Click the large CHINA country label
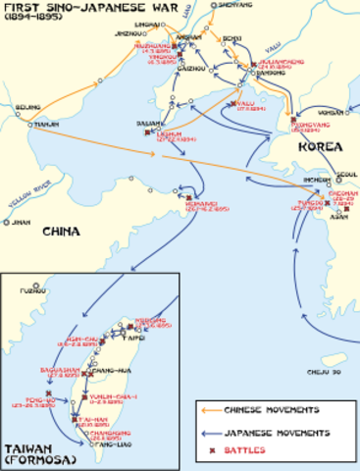(67, 233)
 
